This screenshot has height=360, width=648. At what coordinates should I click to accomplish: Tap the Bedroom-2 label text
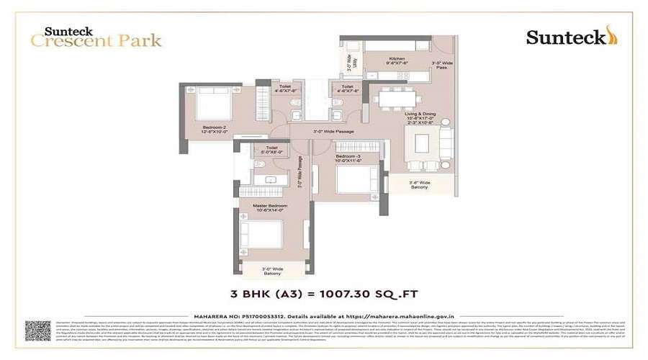(x=215, y=130)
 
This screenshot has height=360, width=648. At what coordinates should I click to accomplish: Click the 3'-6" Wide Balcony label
(x=420, y=186)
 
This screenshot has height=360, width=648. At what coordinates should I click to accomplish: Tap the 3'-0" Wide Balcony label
(x=271, y=272)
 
